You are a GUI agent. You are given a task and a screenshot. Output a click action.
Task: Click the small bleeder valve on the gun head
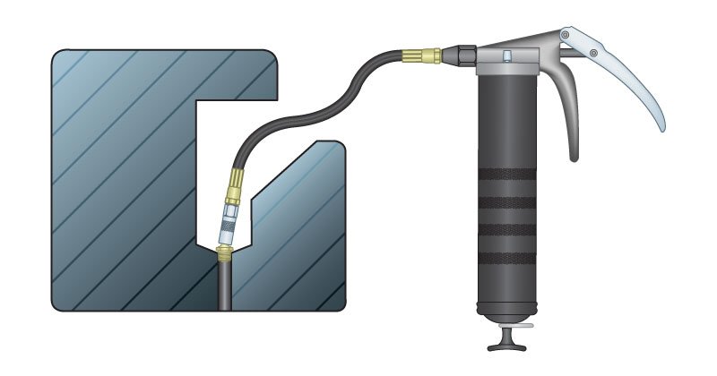point(506,58)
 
